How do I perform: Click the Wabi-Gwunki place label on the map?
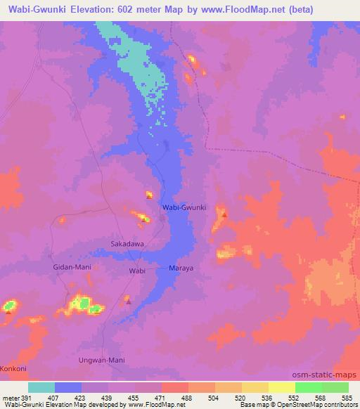click(184, 208)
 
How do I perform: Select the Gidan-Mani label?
click(72, 268)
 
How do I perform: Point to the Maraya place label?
click(181, 268)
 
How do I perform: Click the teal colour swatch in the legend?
click(42, 387)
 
